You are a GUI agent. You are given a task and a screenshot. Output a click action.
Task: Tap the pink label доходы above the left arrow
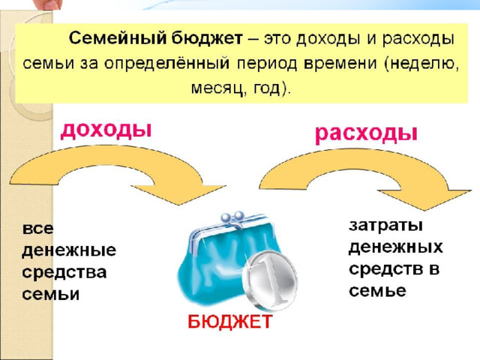(x=106, y=130)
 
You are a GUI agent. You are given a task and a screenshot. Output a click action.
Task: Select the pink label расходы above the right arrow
(x=366, y=133)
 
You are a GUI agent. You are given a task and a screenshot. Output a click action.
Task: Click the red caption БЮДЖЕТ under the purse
(x=229, y=322)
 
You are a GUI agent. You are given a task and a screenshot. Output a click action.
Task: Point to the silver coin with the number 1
(x=270, y=279)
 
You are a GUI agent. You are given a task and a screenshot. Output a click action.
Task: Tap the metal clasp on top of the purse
(x=232, y=218)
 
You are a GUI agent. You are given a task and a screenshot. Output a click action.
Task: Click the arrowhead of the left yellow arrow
(x=184, y=193)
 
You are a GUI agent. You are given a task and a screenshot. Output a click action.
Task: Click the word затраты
(x=385, y=226)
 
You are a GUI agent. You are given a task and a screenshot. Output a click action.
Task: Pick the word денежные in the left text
(x=69, y=250)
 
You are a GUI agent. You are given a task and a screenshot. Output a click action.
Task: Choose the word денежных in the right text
(x=395, y=247)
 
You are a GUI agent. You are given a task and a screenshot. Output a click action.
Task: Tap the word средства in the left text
(x=64, y=272)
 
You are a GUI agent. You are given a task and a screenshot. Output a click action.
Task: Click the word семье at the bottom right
(x=377, y=290)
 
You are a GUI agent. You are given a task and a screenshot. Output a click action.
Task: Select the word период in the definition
(x=267, y=64)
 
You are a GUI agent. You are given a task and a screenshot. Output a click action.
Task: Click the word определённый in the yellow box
(x=166, y=64)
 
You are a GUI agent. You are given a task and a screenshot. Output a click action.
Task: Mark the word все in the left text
(x=37, y=229)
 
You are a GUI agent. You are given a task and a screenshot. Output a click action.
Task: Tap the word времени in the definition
(x=340, y=63)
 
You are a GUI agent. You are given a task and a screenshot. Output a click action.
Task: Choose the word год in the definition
(x=267, y=88)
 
